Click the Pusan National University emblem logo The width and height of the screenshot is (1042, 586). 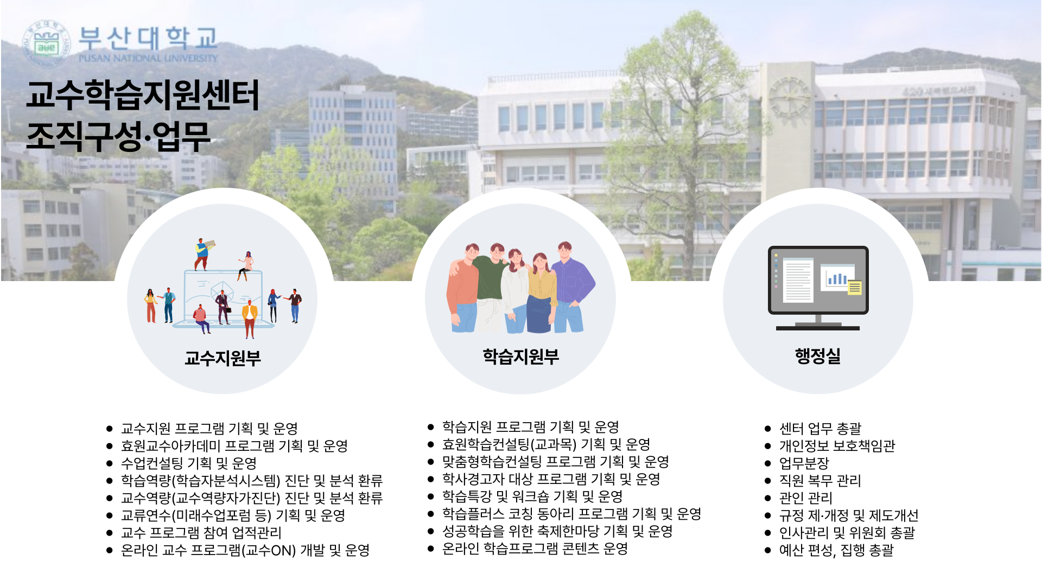pos(46,44)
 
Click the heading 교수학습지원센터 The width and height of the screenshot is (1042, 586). pos(143,95)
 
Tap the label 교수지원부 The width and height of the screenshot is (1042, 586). pos(223,358)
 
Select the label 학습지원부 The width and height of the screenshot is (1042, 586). pos(520,356)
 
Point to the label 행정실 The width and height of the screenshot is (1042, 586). pos(818,356)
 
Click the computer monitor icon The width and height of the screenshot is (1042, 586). pos(818,288)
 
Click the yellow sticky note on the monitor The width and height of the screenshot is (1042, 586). pos(855,286)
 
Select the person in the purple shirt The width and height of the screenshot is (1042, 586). pos(571,287)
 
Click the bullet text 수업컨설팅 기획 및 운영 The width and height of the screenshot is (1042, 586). pos(189,463)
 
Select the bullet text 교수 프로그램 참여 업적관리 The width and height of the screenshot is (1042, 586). pos(201,532)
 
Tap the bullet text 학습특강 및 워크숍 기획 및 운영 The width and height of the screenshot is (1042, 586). pos(532,496)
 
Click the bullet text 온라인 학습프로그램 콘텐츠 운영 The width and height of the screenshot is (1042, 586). pos(535,548)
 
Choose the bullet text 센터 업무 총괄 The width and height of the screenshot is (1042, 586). pos(820,428)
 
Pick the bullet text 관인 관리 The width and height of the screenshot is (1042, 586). pos(805,498)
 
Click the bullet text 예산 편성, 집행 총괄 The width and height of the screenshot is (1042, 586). pos(836,550)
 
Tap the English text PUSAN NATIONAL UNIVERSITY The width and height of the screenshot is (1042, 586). pos(148,58)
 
